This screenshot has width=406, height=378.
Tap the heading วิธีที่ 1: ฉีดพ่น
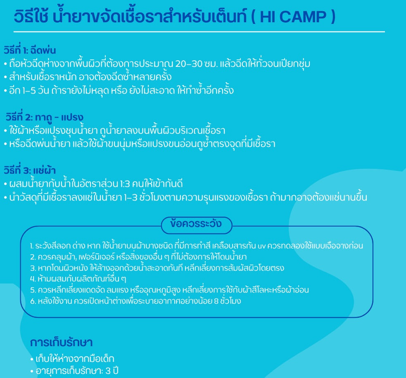(30, 50)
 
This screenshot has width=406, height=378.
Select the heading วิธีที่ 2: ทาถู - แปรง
(44, 117)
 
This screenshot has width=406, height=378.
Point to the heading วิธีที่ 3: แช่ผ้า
(29, 170)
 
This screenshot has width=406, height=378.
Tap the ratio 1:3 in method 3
(125, 184)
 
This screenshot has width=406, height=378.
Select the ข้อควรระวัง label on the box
(196, 224)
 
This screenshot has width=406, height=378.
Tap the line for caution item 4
(78, 279)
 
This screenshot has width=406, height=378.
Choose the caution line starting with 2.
(138, 257)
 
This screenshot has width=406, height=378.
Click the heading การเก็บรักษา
(62, 342)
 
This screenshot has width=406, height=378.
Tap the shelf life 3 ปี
(112, 371)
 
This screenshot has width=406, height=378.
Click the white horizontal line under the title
(199, 32)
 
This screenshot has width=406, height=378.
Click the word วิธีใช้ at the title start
(31, 16)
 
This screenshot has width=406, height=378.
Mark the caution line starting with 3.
(157, 268)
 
